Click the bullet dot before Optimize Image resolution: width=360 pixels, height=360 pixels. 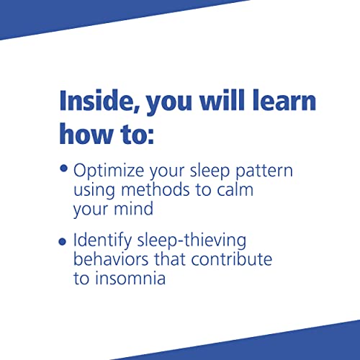(65, 168)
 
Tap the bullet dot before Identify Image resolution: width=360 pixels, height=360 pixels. (65, 240)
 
